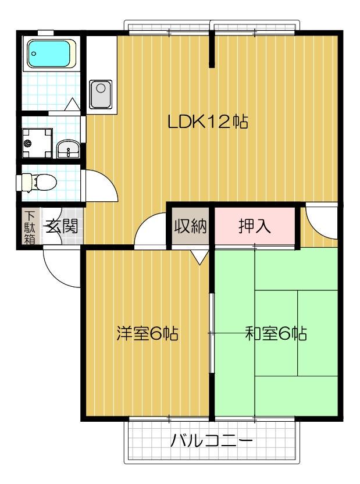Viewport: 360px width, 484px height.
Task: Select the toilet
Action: tap(37, 182)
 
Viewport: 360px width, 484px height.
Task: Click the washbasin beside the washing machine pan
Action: tap(69, 150)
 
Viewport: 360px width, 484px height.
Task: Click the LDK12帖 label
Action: tap(208, 122)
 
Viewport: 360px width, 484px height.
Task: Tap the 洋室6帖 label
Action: tap(147, 334)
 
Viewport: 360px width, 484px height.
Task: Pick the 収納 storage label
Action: tap(190, 226)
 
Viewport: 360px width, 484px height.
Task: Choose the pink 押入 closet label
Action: tap(255, 226)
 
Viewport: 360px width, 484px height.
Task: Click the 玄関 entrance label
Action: tap(62, 226)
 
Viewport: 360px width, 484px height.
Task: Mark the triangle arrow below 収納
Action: tap(199, 256)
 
